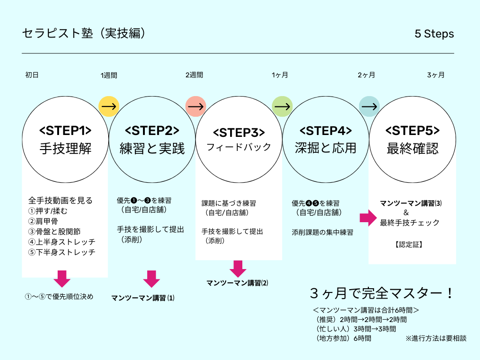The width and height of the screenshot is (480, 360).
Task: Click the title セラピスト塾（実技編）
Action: click(x=86, y=33)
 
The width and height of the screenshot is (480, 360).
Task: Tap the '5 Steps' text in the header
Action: click(x=434, y=34)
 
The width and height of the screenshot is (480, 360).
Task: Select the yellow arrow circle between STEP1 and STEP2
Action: click(x=109, y=106)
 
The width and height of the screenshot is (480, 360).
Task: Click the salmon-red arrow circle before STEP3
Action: click(x=195, y=106)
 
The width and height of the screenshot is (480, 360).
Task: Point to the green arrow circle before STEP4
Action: click(x=282, y=106)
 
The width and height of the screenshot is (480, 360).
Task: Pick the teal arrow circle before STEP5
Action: click(x=369, y=106)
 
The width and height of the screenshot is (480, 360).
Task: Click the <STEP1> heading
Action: click(x=65, y=130)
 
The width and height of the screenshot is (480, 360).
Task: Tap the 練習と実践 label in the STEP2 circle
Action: click(x=152, y=149)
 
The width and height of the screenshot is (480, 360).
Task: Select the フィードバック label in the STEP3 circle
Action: click(x=239, y=147)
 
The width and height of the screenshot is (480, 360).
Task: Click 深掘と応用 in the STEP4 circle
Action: click(x=325, y=149)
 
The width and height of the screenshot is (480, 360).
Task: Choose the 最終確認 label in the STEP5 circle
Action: click(x=412, y=149)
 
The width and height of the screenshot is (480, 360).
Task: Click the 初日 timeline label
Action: click(x=32, y=75)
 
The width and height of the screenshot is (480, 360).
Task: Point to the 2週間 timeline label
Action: click(x=195, y=75)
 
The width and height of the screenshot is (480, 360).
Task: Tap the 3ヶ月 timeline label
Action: click(x=436, y=75)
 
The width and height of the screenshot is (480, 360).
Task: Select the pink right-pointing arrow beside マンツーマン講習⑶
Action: click(x=368, y=217)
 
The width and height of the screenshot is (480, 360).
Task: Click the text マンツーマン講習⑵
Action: click(x=238, y=283)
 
